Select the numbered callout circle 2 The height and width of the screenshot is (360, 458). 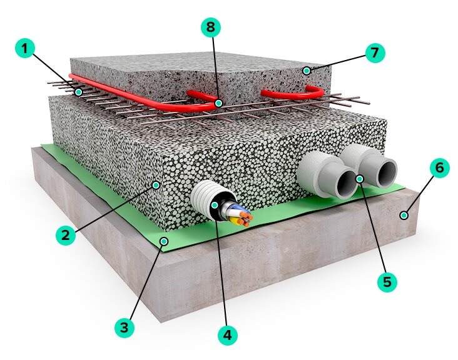(65, 236)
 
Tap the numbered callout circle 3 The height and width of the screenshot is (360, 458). (125, 327)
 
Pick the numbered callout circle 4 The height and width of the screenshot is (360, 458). (228, 335)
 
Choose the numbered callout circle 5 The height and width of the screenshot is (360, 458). (387, 282)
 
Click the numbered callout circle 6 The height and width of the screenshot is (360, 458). (439, 168)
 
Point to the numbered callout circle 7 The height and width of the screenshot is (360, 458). (374, 52)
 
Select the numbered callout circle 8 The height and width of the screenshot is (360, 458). (211, 27)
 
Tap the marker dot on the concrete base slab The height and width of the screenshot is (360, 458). (405, 216)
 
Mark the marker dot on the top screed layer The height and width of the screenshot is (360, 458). (307, 71)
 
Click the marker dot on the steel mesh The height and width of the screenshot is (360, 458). (79, 92)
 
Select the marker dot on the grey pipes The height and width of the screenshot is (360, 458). (360, 179)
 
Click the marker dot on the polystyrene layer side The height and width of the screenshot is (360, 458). (156, 185)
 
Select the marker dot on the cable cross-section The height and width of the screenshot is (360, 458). (215, 204)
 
